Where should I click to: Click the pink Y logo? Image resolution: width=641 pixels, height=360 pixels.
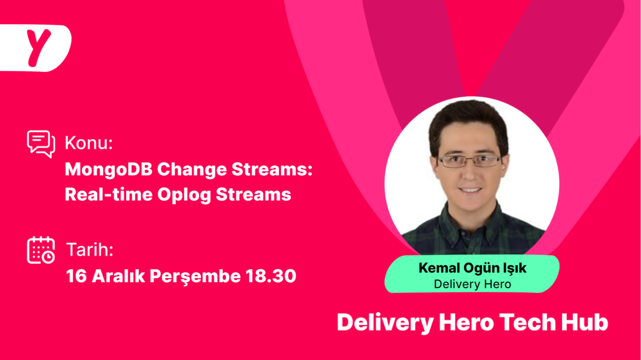[38, 47]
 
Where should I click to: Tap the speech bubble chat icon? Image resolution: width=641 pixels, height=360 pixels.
[41, 144]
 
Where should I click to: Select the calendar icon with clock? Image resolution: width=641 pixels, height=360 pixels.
[41, 250]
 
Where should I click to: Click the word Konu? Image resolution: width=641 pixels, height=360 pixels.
[89, 143]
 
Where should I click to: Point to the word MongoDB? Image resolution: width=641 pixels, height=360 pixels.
[109, 170]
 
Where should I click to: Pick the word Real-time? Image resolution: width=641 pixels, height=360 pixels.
[109, 194]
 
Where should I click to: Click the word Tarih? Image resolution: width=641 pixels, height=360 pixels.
[90, 250]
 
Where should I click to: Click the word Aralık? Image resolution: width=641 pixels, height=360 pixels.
[118, 276]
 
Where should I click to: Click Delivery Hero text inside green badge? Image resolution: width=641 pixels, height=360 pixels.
[472, 284]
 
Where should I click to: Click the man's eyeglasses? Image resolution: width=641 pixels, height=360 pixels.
[470, 160]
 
